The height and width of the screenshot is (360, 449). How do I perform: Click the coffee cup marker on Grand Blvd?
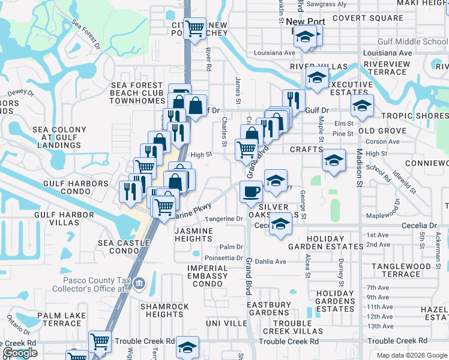[x=251, y=192]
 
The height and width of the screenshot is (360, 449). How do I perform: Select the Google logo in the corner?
[x=20, y=353]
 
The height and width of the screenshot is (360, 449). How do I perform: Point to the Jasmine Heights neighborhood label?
[x=194, y=235]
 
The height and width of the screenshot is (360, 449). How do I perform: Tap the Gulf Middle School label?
[x=412, y=42]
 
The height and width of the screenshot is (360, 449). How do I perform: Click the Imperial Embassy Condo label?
[x=207, y=276]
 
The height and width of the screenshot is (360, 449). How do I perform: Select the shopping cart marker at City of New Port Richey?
[x=194, y=28]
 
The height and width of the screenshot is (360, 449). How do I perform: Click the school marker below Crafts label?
[x=334, y=160]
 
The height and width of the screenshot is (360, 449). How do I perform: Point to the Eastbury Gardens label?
[x=268, y=308]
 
